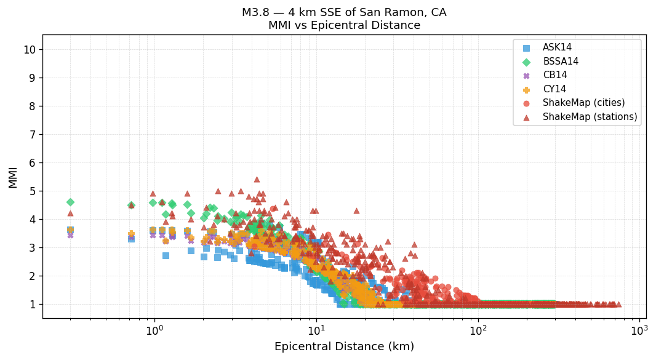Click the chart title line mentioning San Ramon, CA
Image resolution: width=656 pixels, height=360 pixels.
pos(344,12)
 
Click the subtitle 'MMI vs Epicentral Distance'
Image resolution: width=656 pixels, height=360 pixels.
pos(344,25)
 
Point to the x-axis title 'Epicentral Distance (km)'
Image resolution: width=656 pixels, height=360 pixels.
pos(344,346)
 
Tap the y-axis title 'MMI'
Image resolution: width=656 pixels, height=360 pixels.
pos(13,177)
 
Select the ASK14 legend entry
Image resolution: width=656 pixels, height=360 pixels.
pos(557,47)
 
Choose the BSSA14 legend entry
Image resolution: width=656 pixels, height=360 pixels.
pos(560,62)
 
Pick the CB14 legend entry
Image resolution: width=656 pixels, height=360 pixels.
pos(554,75)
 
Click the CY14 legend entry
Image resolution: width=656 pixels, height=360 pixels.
pos(554,89)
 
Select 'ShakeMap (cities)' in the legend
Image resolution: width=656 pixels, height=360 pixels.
pos(583,103)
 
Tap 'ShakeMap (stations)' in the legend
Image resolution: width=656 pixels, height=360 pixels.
pos(590,117)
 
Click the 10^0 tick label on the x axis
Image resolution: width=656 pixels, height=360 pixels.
pos(154,330)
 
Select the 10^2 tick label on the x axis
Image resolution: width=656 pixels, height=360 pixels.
pos(478,330)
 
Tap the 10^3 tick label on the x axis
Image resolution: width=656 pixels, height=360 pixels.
pos(639,330)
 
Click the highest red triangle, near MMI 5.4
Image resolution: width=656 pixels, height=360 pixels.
pos(257,180)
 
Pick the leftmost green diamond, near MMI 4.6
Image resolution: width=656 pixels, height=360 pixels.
pos(70,202)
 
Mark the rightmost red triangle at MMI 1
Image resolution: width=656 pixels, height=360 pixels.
pos(618,304)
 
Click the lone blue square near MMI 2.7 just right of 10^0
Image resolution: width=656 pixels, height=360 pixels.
pos(166,255)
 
